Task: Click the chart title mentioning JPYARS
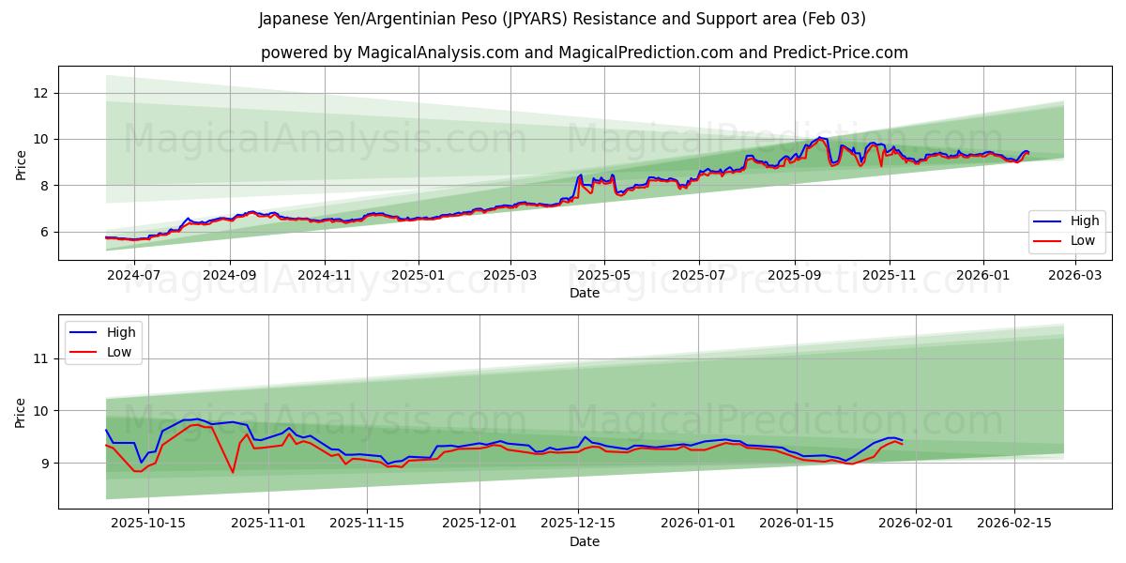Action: click(x=563, y=19)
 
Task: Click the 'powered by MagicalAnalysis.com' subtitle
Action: click(x=584, y=53)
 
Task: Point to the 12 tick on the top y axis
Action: click(x=40, y=93)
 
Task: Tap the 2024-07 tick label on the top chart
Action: click(x=133, y=275)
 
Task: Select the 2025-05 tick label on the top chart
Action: click(x=603, y=275)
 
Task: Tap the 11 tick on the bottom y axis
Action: click(x=40, y=358)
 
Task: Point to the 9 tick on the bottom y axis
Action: click(x=44, y=463)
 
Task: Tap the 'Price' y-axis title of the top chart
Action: click(x=21, y=163)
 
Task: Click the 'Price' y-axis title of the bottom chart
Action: click(x=21, y=411)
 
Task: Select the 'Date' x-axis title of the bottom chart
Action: click(x=584, y=541)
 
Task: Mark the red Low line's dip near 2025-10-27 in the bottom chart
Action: click(x=233, y=472)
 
